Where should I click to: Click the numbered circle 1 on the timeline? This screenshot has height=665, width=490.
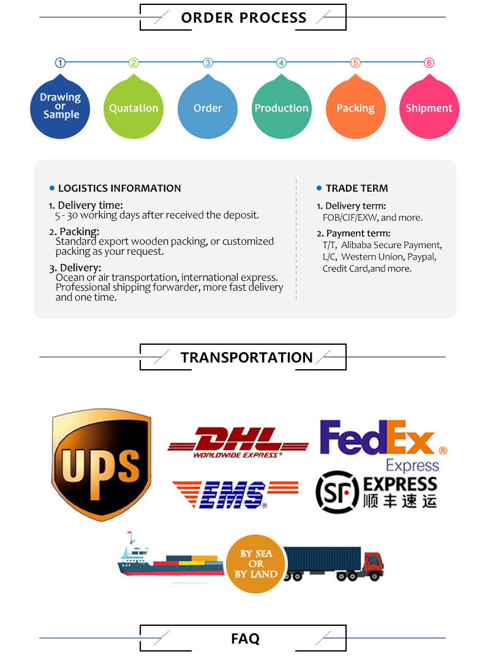(x=60, y=63)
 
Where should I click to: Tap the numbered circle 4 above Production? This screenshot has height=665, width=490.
(x=281, y=63)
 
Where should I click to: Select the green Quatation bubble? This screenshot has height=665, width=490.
(x=134, y=107)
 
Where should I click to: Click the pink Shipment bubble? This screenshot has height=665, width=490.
(x=429, y=107)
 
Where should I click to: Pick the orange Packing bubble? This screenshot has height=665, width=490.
(x=355, y=107)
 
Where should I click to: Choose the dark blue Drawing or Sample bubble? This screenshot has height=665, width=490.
(x=60, y=107)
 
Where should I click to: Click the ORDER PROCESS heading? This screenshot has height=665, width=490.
(x=244, y=18)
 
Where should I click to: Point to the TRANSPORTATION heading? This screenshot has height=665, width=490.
(x=246, y=358)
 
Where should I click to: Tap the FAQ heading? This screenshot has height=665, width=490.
(x=245, y=638)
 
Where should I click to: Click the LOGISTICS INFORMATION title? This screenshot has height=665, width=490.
(x=119, y=189)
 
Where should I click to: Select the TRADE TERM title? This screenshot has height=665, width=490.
(x=357, y=189)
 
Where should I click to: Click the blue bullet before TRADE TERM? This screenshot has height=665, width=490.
(x=319, y=188)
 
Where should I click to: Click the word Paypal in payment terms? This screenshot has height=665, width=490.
(x=421, y=257)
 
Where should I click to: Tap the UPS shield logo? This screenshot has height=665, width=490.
(x=102, y=465)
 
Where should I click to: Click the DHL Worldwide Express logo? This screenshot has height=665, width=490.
(x=238, y=443)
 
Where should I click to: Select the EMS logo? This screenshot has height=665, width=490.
(x=235, y=495)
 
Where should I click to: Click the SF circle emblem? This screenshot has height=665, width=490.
(x=337, y=492)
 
